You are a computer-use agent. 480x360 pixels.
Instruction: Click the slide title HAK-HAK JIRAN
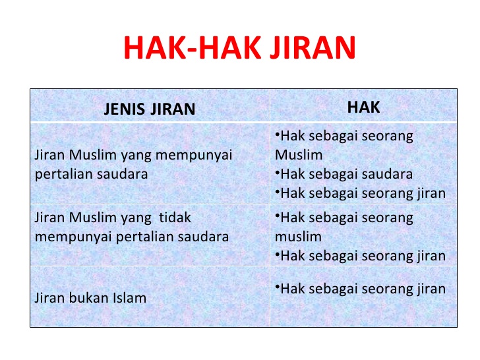pyautogui.click(x=239, y=47)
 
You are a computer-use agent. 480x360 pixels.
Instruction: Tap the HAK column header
pyautogui.click(x=363, y=107)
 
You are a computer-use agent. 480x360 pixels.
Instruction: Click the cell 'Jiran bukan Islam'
pyautogui.click(x=90, y=298)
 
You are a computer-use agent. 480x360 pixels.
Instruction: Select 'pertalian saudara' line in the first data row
pyautogui.click(x=90, y=175)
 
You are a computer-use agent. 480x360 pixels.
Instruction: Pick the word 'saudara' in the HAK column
pyautogui.click(x=389, y=175)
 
